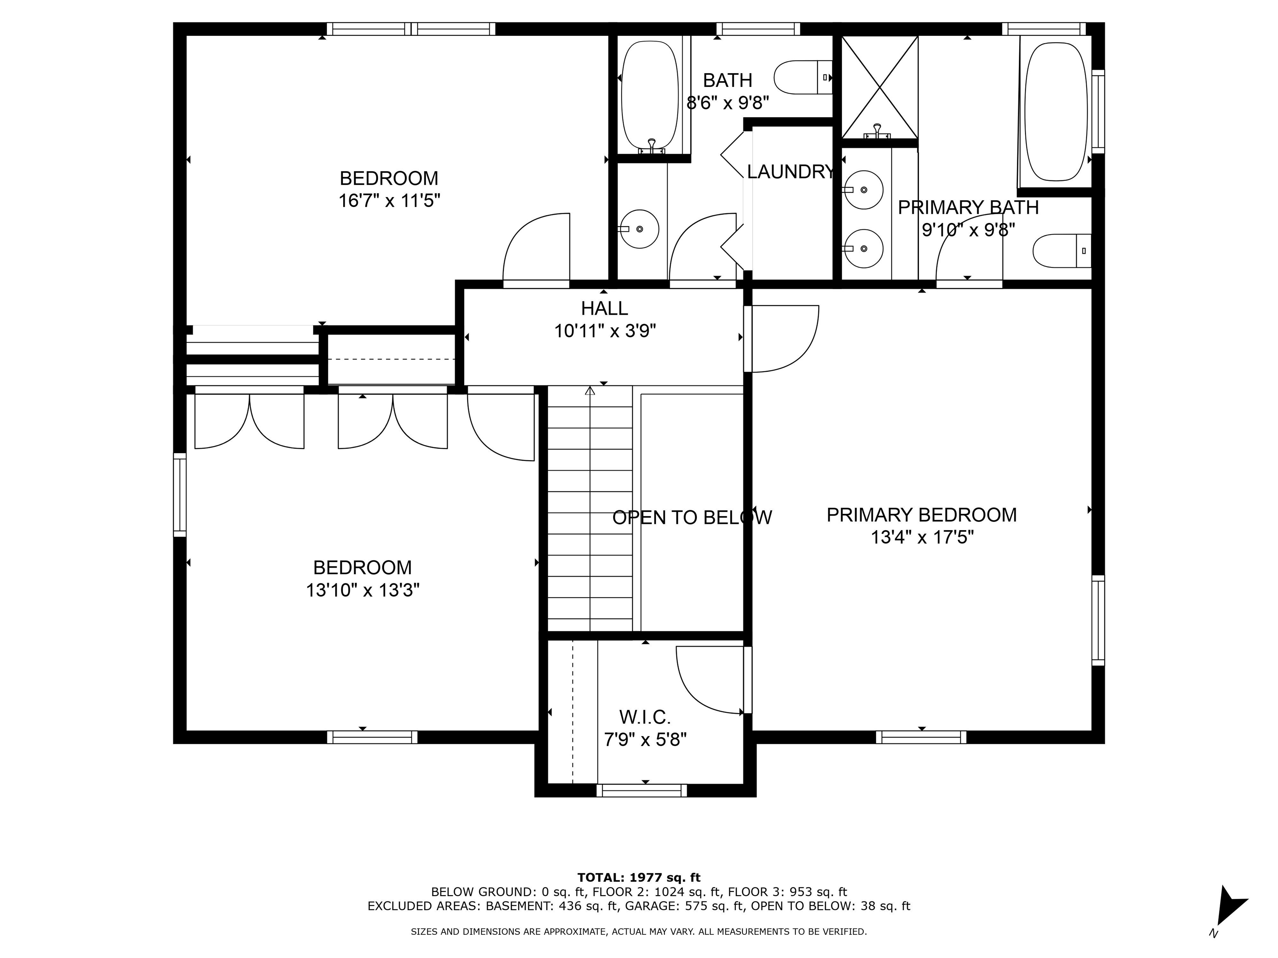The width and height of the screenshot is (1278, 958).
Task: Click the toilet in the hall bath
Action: tap(802, 77)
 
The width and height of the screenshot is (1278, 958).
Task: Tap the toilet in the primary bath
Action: tap(1062, 251)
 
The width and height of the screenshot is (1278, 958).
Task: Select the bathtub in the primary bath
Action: tap(1055, 111)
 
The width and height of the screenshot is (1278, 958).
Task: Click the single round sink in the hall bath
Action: tap(639, 229)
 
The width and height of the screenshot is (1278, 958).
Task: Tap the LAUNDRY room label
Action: tap(791, 171)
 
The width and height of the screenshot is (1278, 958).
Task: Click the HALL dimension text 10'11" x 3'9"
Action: tap(605, 331)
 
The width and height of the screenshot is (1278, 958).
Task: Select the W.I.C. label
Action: tap(645, 717)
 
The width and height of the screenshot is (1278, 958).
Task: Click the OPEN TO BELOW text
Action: tap(692, 517)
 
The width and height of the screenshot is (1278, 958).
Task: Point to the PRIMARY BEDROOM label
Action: tap(921, 514)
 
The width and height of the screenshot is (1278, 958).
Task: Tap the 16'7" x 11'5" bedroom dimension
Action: tap(389, 201)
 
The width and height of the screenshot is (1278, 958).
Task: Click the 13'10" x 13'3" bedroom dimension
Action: tap(363, 590)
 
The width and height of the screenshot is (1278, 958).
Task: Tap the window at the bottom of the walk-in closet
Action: tap(641, 790)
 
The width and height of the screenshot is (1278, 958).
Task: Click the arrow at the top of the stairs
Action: tap(590, 391)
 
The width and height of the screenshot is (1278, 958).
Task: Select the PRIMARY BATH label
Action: tap(968, 207)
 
